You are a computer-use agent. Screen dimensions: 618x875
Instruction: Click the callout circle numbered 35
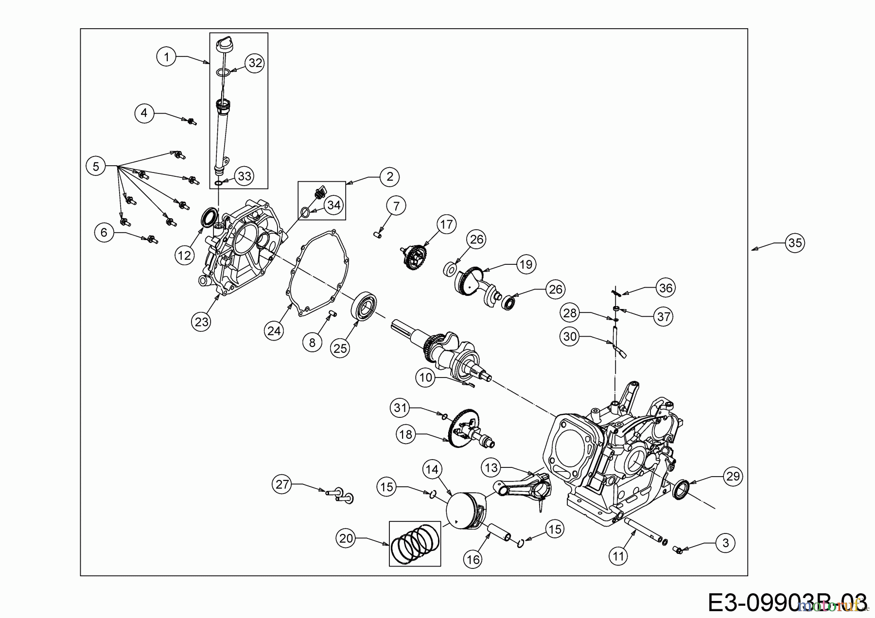pos(795,242)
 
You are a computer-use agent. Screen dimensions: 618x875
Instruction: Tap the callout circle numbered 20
pos(346,538)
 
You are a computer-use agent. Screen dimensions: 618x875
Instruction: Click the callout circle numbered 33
pos(244,175)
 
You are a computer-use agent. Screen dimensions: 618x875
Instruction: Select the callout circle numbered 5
pos(96,167)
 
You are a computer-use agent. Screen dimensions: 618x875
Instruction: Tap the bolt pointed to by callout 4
pos(191,121)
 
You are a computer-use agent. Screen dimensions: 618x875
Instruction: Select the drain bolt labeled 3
pos(678,549)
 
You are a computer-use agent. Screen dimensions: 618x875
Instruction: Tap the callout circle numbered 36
pos(665,288)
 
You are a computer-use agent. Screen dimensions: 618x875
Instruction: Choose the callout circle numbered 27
pos(282,484)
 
